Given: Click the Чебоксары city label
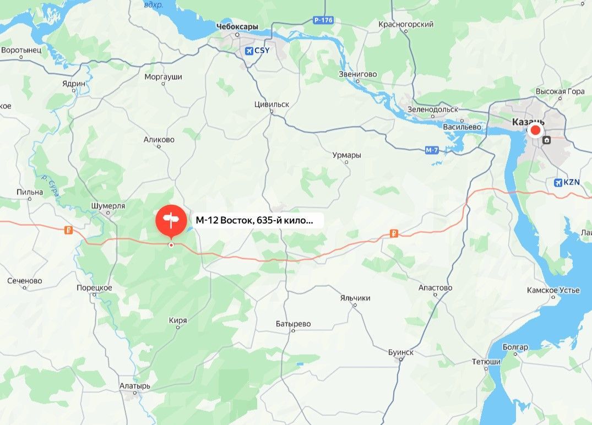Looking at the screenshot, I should coord(237,26).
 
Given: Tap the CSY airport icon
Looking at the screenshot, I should coord(249,51).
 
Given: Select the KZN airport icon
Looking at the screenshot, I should coord(559,182).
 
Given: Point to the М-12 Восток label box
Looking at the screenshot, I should coord(254,221).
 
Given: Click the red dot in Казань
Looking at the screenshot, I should coord(535,130).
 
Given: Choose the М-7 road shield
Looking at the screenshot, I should coord(432,150).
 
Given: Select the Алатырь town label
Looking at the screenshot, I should coord(135,386).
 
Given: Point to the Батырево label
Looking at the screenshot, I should coord(294,324).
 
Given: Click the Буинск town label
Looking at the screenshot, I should coord(400,352).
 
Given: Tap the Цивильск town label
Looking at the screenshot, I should coord(272,104).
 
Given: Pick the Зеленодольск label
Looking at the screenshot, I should coord(433,109).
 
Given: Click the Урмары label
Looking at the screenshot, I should coord(347,155).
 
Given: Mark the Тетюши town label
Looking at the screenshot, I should coord(486,362).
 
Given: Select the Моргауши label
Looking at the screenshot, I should coord(163,77).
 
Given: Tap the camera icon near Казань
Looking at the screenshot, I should coord(546,140).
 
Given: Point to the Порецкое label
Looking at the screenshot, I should coord(95,287).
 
